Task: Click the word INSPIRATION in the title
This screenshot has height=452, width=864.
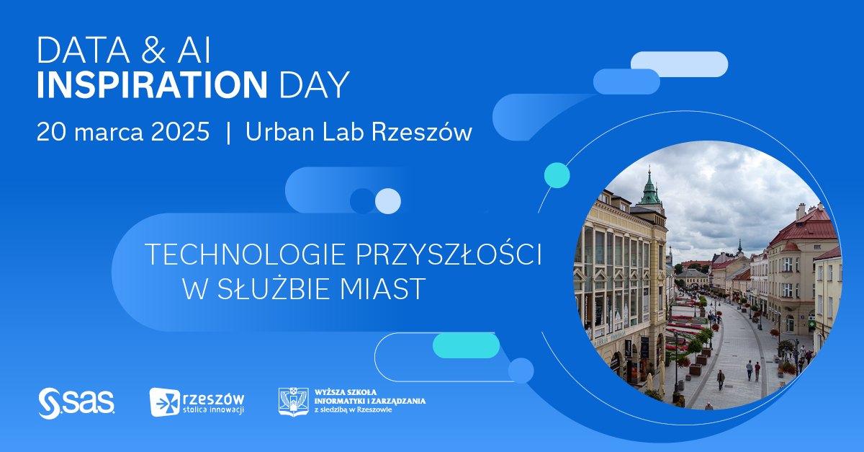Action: tap(152, 84)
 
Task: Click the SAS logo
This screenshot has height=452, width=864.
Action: tap(76, 403)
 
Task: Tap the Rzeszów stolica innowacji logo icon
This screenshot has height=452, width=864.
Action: tap(166, 402)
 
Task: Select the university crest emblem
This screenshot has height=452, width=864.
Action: tap(294, 402)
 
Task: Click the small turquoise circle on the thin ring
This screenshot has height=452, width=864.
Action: tap(557, 175)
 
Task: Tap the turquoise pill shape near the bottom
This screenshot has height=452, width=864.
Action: tap(466, 345)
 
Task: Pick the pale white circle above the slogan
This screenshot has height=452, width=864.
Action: tap(388, 201)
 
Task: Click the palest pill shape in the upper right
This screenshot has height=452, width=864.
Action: tap(680, 64)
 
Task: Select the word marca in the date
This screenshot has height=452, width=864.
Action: tap(109, 133)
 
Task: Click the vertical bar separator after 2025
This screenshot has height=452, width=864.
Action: tap(229, 132)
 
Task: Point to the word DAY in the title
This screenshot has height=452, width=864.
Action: tap(314, 84)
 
